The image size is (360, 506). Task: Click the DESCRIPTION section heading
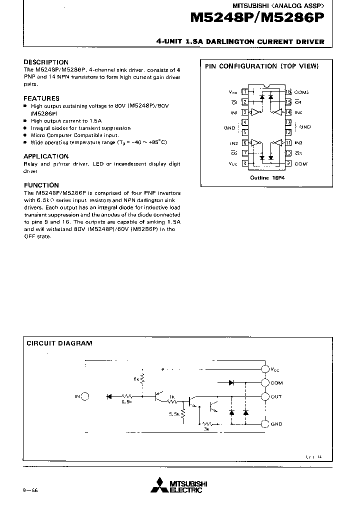point(46,62)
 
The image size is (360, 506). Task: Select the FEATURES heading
point(41,98)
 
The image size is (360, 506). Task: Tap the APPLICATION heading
point(46,156)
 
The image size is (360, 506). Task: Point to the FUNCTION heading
point(41,185)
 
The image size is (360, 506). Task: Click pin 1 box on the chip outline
point(244,91)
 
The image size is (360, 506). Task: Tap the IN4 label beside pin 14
point(298,112)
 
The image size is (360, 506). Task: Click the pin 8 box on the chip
point(244,163)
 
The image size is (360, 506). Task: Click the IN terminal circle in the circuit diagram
point(85,396)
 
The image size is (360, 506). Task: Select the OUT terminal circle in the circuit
point(265,396)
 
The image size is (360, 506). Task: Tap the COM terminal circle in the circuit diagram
point(265,383)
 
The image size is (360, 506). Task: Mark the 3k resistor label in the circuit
point(206,428)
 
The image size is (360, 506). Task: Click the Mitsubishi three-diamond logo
point(159,485)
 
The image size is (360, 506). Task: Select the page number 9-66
point(30,490)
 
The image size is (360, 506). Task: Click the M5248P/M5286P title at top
point(257,18)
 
